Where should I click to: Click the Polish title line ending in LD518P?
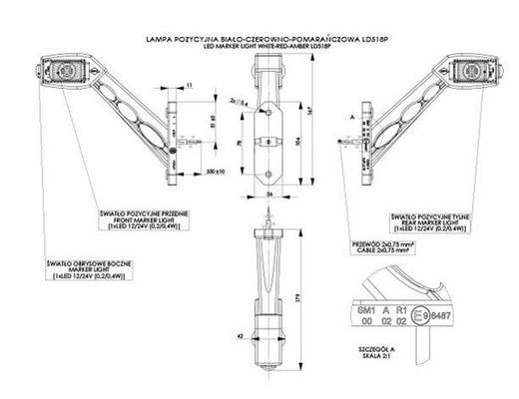coord(261,37)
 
